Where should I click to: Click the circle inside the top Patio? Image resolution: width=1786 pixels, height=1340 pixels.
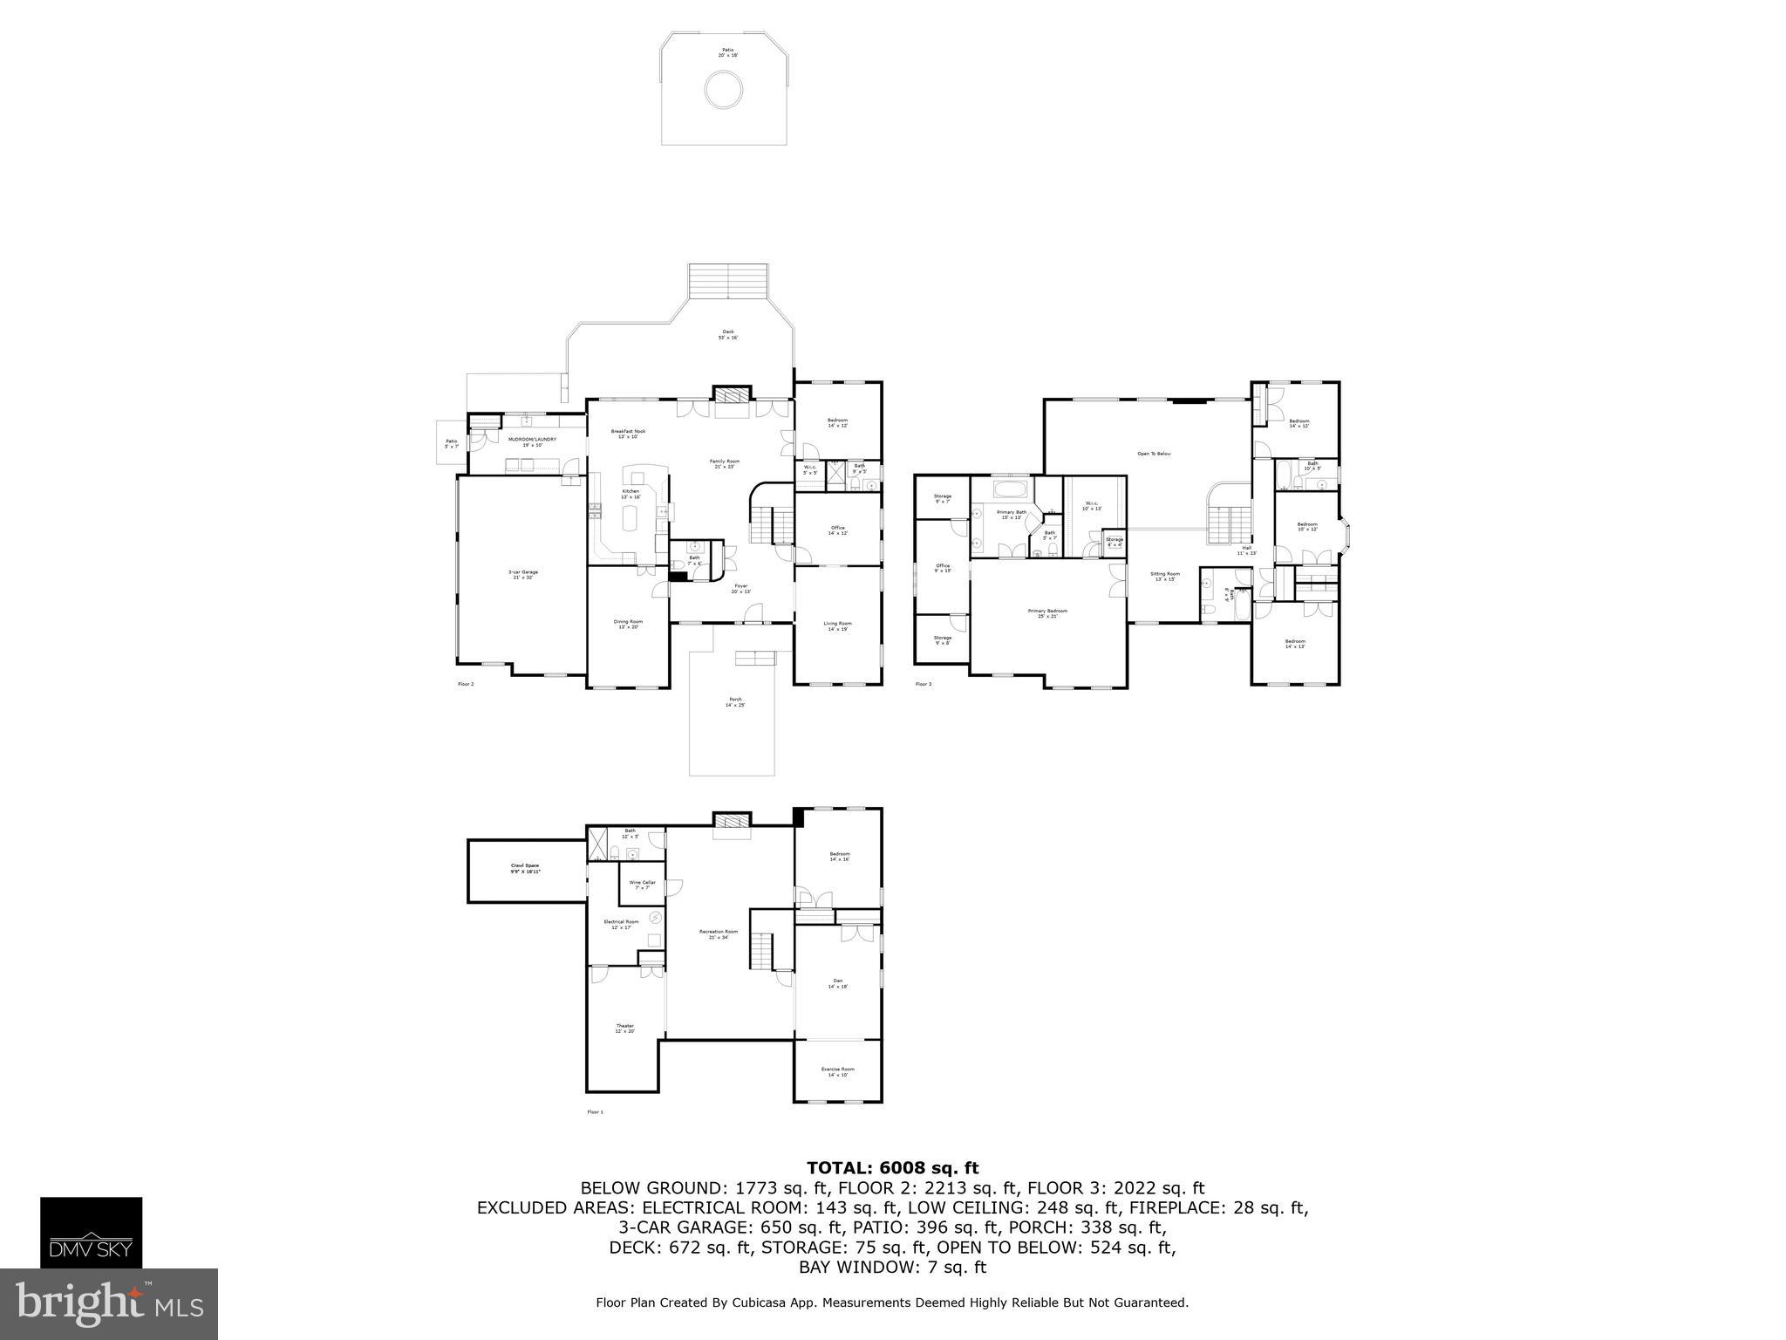(x=724, y=90)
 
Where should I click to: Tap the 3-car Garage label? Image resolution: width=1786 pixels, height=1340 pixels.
(x=523, y=575)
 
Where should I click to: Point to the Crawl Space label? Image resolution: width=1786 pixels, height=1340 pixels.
(x=526, y=869)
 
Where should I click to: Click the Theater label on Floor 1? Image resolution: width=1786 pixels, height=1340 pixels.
(x=625, y=1029)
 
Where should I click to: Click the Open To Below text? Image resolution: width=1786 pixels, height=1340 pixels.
(x=1154, y=454)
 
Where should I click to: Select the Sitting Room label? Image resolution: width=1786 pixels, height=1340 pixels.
(x=1165, y=577)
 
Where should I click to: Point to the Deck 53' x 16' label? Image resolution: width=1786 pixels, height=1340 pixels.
(x=728, y=334)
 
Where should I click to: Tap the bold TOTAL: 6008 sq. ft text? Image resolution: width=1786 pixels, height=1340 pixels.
(x=892, y=1168)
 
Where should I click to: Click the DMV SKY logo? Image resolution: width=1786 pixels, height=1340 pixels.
(x=92, y=1233)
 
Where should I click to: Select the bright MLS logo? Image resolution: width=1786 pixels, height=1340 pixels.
(x=109, y=1303)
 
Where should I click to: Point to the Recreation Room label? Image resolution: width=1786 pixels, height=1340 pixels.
(x=719, y=934)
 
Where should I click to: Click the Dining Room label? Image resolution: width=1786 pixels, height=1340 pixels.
(x=628, y=625)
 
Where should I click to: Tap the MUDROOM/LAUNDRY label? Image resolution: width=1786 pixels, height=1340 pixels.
(x=532, y=441)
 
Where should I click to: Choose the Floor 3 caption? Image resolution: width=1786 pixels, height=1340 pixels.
(x=924, y=684)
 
